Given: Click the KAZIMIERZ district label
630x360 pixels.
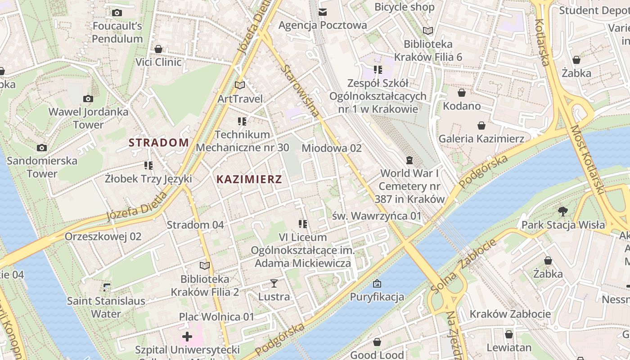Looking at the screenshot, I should click(x=249, y=180).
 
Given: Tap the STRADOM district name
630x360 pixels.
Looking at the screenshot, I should click(x=159, y=143).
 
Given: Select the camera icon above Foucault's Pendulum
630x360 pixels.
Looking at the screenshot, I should click(x=117, y=13).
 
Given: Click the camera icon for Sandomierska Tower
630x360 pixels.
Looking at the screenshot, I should click(x=42, y=148).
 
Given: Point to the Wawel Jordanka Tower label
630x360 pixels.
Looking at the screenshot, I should click(x=88, y=118).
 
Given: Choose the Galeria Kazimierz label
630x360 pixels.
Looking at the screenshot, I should click(x=481, y=139).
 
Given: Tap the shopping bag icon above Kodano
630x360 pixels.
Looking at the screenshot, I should click(x=462, y=93).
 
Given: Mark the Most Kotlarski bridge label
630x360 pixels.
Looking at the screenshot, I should click(x=587, y=160).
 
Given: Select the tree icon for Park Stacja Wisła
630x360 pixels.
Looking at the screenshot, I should click(x=563, y=211).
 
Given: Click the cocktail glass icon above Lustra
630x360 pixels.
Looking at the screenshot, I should click(x=274, y=283).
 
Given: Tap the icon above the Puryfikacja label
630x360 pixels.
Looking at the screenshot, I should click(x=377, y=283).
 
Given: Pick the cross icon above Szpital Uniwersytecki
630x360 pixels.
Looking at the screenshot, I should click(x=187, y=337).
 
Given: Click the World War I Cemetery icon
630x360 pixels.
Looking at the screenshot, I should click(x=409, y=160).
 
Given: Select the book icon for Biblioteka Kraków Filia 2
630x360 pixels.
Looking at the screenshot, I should click(x=205, y=265).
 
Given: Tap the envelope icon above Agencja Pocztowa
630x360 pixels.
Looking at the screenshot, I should click(x=323, y=12).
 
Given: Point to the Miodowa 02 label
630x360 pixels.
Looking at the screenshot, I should click(x=332, y=148).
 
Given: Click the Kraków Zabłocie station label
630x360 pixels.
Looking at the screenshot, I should click(x=510, y=314).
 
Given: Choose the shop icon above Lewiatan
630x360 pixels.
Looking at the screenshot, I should click(x=509, y=334).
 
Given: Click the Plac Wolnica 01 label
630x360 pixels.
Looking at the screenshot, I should click(x=216, y=317).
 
